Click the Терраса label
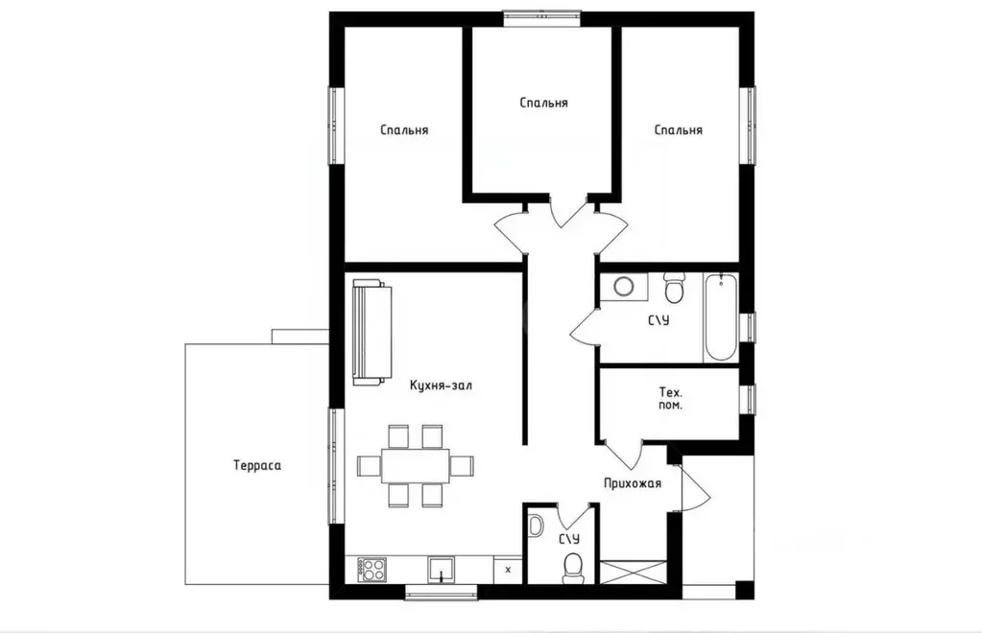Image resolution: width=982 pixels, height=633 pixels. tap(256, 465)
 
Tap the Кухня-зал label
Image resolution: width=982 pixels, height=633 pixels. tap(441, 386)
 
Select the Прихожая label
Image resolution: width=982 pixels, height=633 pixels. tap(633, 482)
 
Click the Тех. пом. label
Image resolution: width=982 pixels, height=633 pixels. tap(671, 398)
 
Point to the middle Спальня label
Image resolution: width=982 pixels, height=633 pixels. tap(543, 103)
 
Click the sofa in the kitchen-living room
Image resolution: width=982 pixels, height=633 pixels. tap(372, 332)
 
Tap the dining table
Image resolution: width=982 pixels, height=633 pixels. tap(416, 465)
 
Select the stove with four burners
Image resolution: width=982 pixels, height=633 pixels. tap(372, 570)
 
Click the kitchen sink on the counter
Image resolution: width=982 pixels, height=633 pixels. tap(442, 570)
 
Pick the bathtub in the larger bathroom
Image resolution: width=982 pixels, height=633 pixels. tap(721, 317)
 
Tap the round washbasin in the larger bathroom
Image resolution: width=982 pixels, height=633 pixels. tap(623, 287)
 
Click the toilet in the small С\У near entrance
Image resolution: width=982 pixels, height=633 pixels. tap(572, 568)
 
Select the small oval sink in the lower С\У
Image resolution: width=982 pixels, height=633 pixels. tap(536, 525)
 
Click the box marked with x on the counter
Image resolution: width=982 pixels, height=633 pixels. tap(508, 570)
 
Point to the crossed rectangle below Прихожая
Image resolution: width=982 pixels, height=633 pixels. tap(634, 573)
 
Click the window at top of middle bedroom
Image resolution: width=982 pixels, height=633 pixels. tap(542, 18)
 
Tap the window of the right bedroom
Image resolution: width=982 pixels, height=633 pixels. tap(747, 125)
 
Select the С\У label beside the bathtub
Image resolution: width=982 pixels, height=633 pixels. tap(659, 320)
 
